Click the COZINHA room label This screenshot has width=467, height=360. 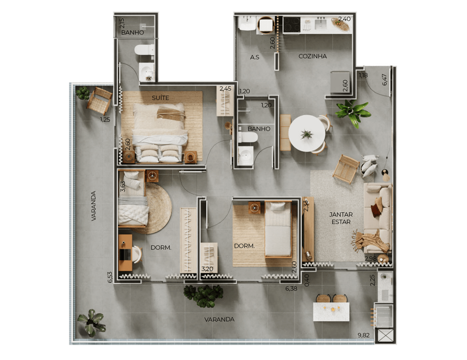tap(313, 56)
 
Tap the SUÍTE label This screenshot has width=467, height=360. tap(160, 98)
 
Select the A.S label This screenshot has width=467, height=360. tap(255, 57)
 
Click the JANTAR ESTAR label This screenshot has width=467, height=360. tap(341, 218)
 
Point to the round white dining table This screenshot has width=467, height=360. tap(307, 133)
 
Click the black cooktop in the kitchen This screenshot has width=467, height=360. tap(292, 25)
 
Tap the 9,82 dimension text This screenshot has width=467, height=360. tap(363, 335)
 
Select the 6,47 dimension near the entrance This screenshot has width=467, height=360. tap(384, 80)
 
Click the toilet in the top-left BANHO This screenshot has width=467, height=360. tap(144, 50)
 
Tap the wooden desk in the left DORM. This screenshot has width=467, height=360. tap(125, 252)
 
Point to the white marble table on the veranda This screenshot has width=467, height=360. tap(331, 312)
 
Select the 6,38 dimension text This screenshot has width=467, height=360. tap(291, 289)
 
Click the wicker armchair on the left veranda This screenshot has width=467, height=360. tap(99, 101)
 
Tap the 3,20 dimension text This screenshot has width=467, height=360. tap(207, 269)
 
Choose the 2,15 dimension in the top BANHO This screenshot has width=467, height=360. tap(122, 23)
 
